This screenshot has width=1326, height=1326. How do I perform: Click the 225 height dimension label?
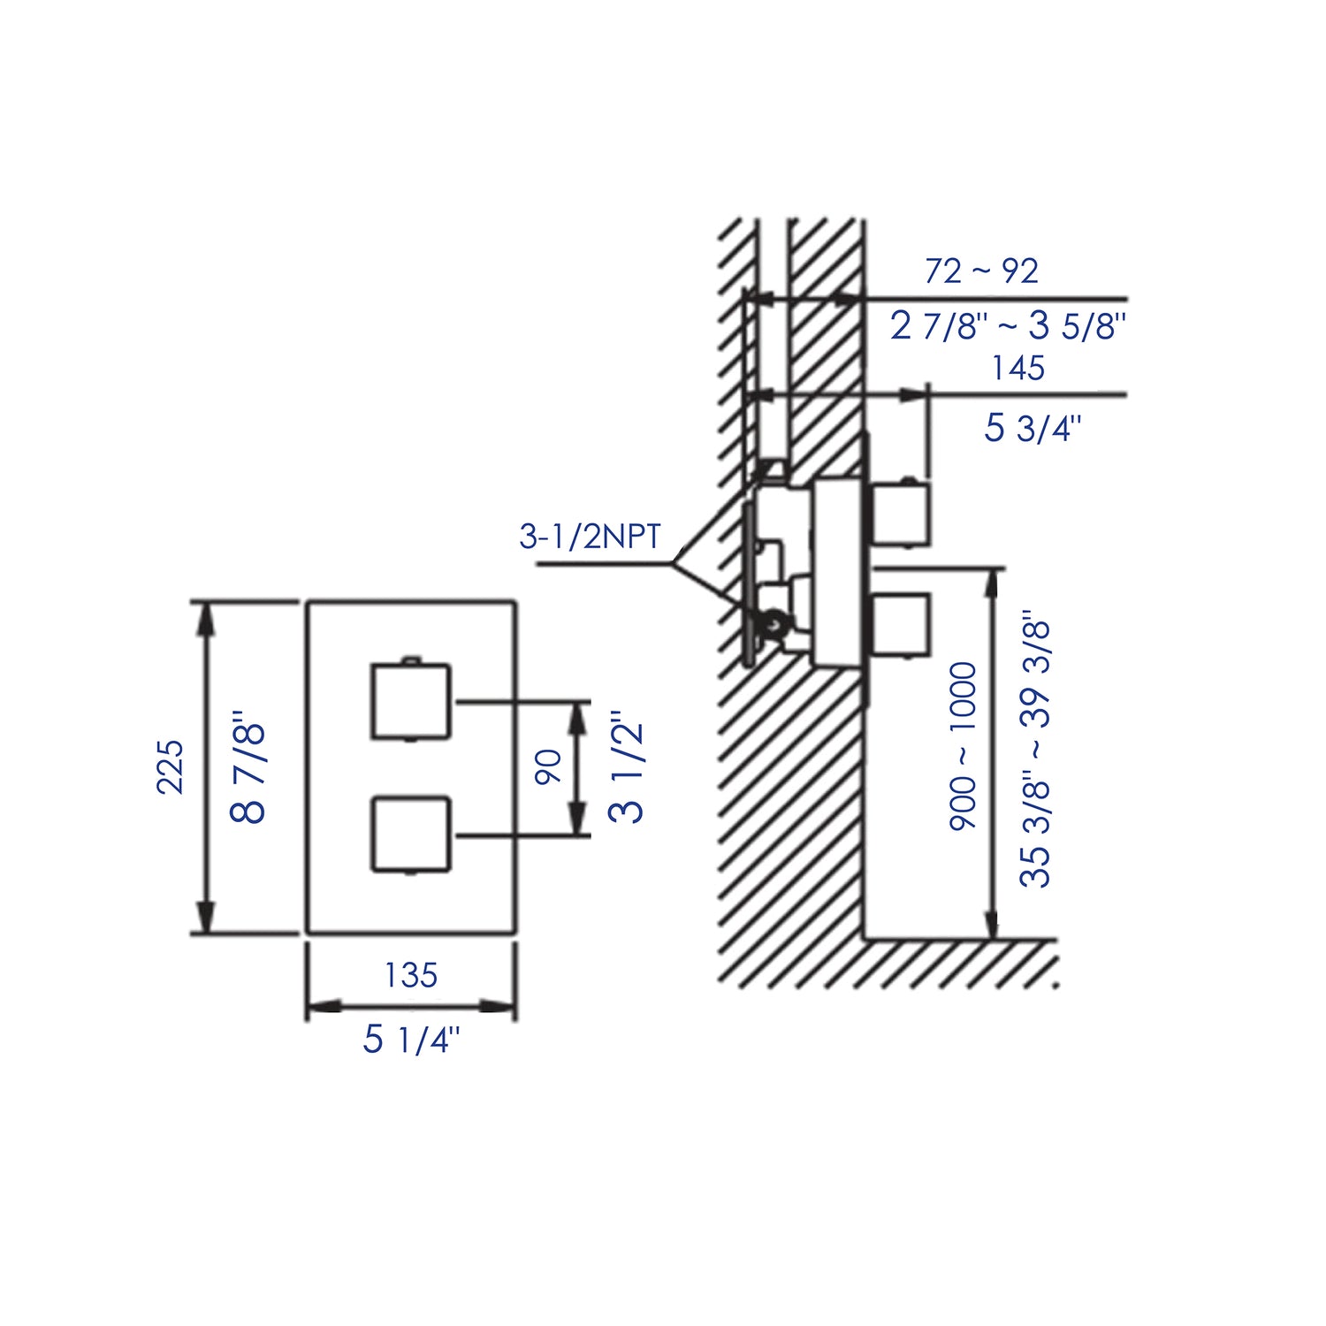[170, 767]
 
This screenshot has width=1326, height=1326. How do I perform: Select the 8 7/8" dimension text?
[249, 767]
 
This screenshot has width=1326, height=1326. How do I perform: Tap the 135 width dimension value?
[410, 975]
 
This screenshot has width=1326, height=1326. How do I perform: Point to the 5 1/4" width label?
[411, 1040]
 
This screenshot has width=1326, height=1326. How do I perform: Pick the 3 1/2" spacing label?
[627, 766]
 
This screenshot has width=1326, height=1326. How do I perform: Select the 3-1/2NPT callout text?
[590, 537]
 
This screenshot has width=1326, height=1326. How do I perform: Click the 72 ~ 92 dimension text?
[981, 271]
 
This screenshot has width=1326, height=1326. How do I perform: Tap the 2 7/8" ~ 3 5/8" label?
[1008, 326]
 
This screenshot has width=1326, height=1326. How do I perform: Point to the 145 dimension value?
[1017, 368]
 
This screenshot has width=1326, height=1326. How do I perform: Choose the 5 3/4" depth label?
[1033, 429]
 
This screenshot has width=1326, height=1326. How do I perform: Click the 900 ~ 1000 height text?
[964, 745]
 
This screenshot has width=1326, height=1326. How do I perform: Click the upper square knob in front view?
[411, 700]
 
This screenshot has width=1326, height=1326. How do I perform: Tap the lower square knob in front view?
[411, 834]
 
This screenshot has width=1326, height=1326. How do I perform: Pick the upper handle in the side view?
[902, 514]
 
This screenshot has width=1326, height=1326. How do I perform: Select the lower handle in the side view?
[902, 625]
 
